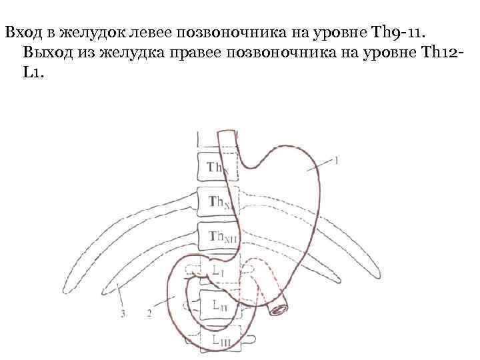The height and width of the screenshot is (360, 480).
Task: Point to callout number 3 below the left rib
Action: tap(123, 312)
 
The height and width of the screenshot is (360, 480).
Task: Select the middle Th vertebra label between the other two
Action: tap(218, 201)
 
